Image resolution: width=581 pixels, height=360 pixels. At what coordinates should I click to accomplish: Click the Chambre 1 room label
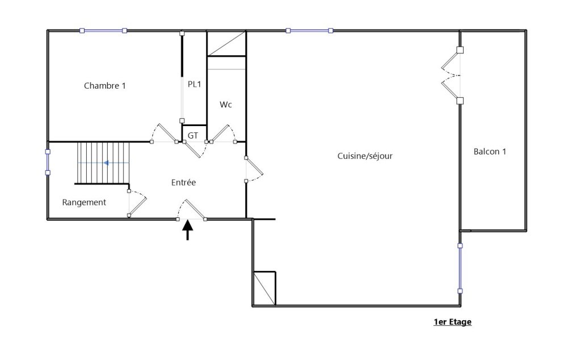[105, 86]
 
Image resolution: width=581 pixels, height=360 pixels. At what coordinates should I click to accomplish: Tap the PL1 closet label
[195, 84]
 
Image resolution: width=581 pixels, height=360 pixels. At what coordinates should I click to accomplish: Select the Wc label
[226, 104]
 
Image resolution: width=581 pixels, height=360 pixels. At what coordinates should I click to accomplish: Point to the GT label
[193, 135]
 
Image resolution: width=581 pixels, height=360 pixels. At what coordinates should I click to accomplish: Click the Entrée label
[183, 182]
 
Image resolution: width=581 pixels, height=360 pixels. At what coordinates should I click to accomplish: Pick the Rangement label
[84, 202]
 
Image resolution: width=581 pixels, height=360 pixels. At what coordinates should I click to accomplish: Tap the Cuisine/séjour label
[365, 156]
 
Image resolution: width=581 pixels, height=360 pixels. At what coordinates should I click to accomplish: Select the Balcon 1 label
[490, 152]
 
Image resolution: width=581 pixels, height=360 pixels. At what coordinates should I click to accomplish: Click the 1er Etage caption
[452, 322]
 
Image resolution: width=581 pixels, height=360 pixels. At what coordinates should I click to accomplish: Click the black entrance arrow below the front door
[188, 230]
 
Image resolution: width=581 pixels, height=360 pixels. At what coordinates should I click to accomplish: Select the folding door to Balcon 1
[451, 76]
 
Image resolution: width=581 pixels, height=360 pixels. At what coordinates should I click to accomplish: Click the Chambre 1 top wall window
[103, 31]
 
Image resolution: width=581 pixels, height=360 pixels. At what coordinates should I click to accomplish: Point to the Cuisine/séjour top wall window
[309, 31]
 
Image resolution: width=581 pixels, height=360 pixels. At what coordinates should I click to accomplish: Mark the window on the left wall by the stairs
[48, 162]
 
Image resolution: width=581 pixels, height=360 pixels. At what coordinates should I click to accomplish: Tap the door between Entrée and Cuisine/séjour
[253, 169]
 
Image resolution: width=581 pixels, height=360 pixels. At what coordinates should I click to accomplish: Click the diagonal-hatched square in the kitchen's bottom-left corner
[264, 288]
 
